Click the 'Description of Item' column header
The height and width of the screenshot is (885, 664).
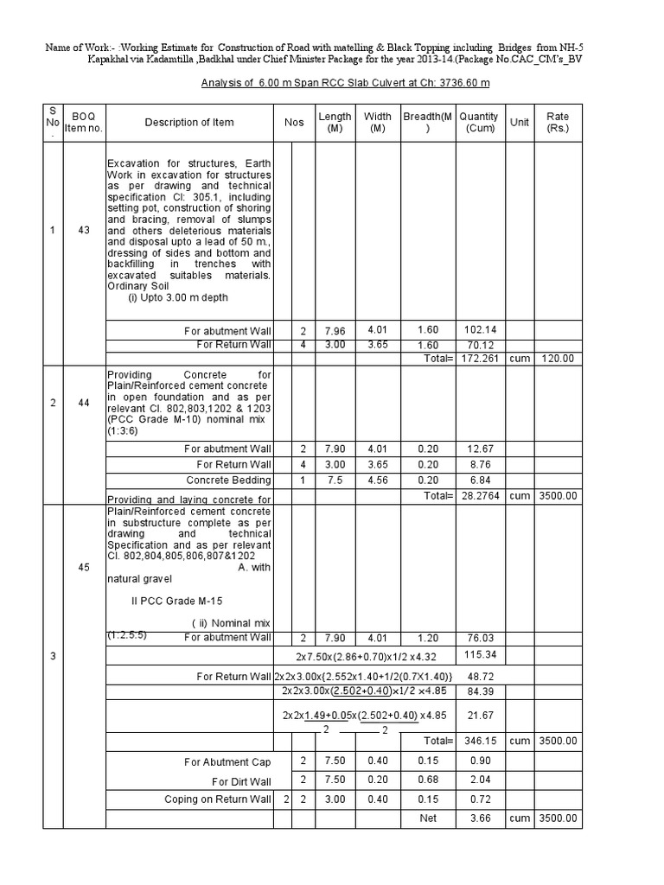(188, 123)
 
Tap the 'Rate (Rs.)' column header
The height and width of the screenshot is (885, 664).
(558, 123)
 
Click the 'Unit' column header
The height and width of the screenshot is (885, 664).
(519, 123)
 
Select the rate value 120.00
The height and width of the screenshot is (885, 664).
(558, 358)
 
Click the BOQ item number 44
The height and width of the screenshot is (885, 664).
(84, 404)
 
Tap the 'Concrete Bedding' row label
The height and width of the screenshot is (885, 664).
(229, 480)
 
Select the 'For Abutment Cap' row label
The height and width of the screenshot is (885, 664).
(227, 762)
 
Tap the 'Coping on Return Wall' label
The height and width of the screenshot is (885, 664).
(217, 799)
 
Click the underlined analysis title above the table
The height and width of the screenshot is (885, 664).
(338, 83)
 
